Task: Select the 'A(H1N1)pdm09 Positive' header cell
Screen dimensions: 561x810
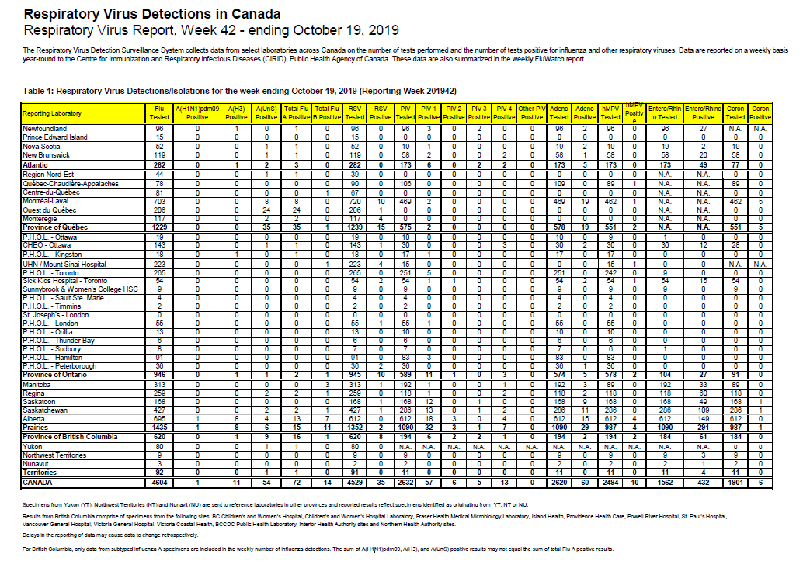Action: [197, 113]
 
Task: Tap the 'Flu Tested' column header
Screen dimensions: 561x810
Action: [158, 113]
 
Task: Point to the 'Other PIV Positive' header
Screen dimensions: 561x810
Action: [531, 113]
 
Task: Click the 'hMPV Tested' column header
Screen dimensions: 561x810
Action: [611, 113]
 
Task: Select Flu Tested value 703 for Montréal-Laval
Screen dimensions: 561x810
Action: [158, 200]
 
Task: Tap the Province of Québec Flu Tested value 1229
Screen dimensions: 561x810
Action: [158, 227]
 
